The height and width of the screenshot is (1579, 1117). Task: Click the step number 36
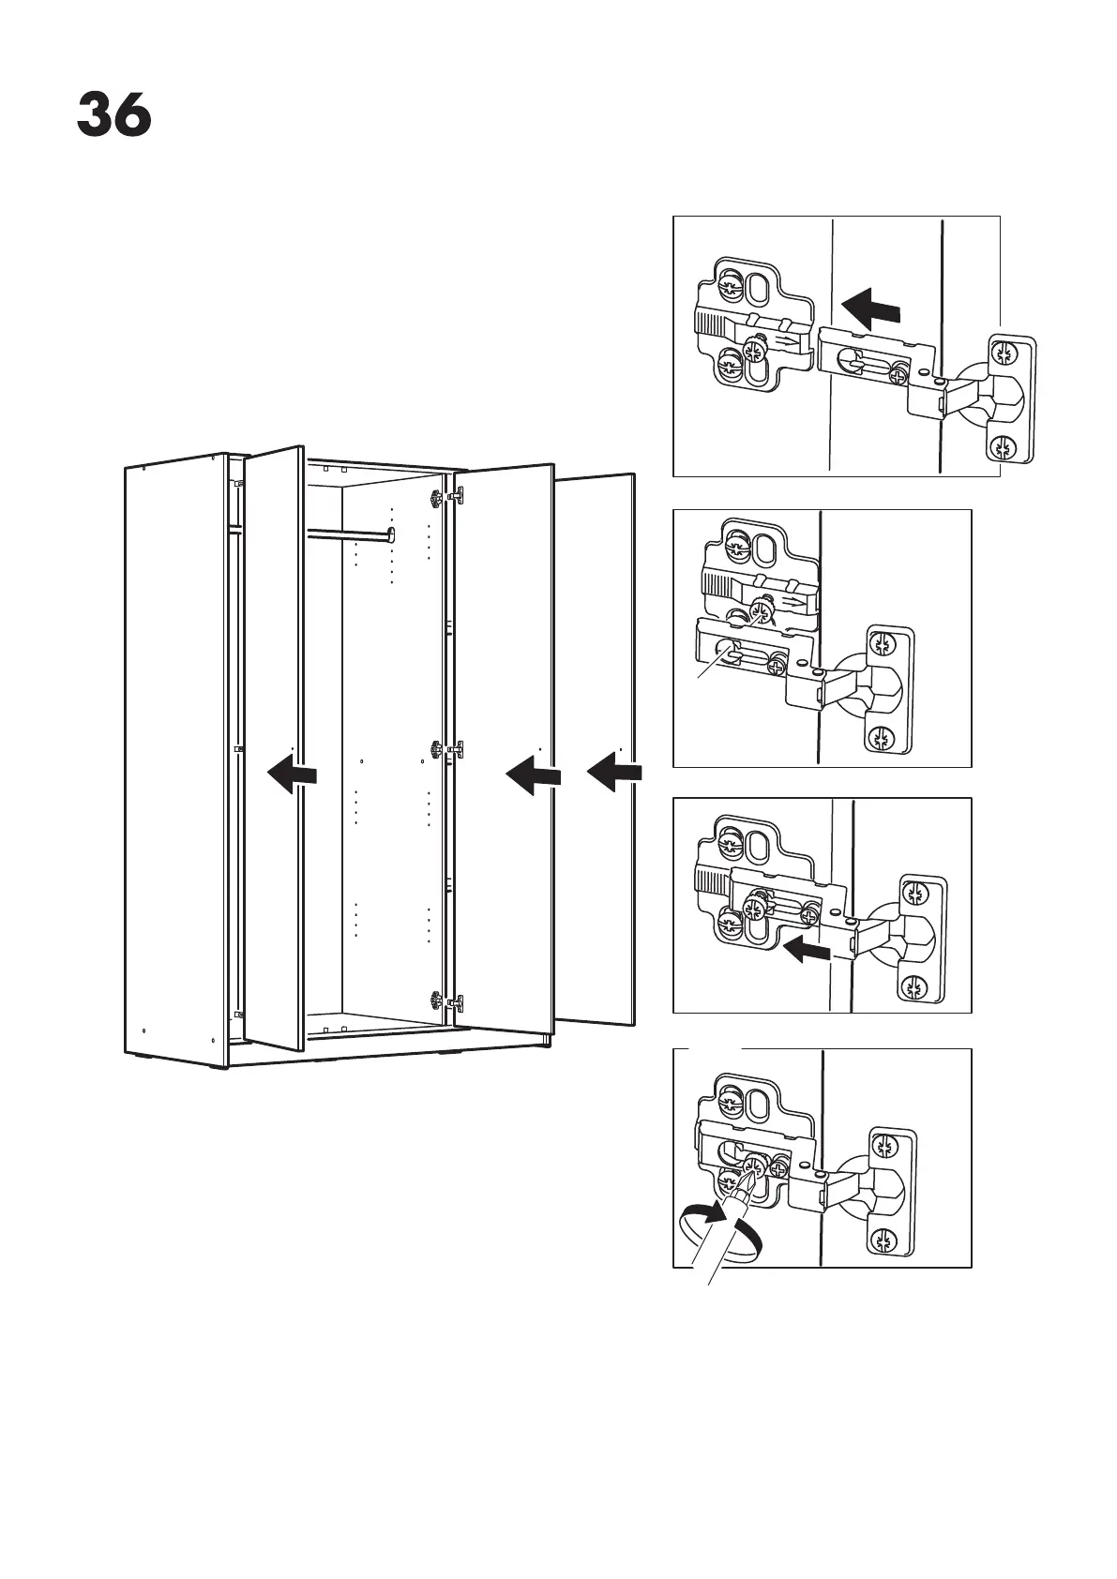(113, 116)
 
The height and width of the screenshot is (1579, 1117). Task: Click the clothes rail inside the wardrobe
(349, 535)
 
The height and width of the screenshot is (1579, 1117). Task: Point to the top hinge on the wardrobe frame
(437, 496)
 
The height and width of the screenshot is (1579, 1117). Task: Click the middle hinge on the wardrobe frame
(436, 749)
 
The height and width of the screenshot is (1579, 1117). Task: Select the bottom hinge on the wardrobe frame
(436, 1000)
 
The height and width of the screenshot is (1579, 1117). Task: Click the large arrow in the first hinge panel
(871, 307)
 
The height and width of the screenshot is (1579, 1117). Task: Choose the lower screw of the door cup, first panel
(1004, 447)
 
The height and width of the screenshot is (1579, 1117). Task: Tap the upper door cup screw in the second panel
(882, 644)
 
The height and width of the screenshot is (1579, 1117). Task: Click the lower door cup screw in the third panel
(913, 985)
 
